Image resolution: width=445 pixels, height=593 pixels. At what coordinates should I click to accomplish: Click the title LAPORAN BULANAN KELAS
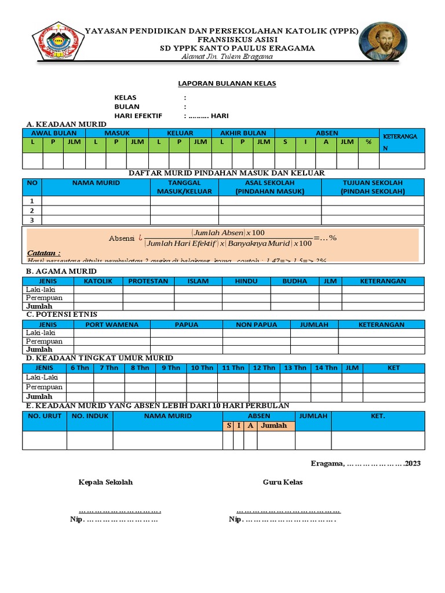click(227, 83)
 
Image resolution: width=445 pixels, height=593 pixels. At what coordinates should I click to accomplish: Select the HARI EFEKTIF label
click(138, 116)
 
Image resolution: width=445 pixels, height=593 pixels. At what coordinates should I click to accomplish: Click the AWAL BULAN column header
click(53, 133)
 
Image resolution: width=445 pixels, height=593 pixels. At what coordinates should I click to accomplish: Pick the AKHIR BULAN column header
click(243, 133)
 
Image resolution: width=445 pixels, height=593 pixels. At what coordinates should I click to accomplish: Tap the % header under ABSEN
click(367, 141)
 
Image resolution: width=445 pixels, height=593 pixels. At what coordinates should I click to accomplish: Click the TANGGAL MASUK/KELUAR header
click(184, 186)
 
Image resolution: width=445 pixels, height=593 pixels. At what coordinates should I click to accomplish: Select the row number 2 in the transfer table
click(32, 210)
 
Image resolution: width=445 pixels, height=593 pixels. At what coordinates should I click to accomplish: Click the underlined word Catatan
click(44, 253)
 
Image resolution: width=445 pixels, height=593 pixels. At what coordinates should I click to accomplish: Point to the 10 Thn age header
click(202, 368)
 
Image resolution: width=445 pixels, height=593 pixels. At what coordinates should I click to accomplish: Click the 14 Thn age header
click(326, 368)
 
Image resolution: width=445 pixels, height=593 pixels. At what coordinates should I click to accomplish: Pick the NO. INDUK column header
click(90, 416)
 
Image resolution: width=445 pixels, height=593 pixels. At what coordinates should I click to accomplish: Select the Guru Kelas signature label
click(283, 482)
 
